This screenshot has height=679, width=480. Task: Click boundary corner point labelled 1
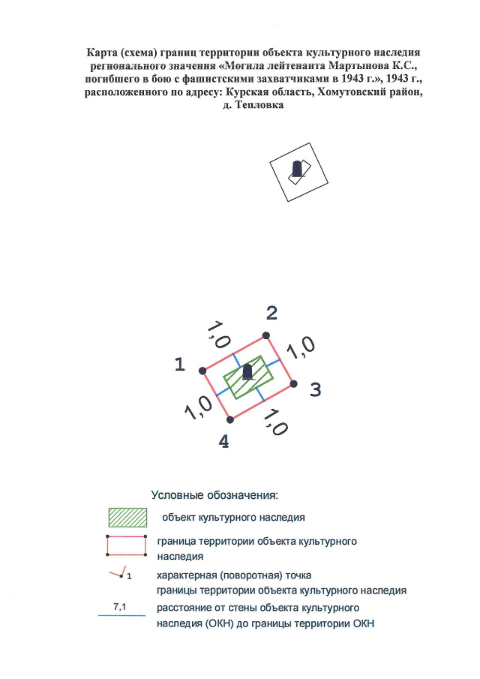[x=202, y=371]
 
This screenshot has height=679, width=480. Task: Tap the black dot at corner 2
[x=266, y=335]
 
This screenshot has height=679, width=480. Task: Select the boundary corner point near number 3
[x=293, y=383]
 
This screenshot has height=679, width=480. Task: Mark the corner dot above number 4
[x=230, y=419]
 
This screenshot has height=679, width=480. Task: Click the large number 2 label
[x=271, y=313]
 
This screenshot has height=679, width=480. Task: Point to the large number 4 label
[x=223, y=442]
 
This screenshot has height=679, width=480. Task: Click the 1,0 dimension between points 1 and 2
[x=218, y=335]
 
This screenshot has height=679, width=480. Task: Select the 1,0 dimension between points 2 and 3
[x=301, y=347]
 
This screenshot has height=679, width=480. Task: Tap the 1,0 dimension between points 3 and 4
[x=275, y=422]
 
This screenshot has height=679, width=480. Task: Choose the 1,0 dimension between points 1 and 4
[x=198, y=408]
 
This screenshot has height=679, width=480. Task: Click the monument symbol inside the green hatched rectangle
[x=247, y=372]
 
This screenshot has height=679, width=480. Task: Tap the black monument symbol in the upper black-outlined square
[x=297, y=169]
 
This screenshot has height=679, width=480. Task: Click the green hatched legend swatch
[x=127, y=517]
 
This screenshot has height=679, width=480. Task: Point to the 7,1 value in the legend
[x=119, y=607]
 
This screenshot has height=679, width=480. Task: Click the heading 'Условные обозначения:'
[x=214, y=495]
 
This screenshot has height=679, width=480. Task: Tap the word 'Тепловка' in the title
[x=259, y=105]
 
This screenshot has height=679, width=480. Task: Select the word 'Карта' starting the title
[x=101, y=53]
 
